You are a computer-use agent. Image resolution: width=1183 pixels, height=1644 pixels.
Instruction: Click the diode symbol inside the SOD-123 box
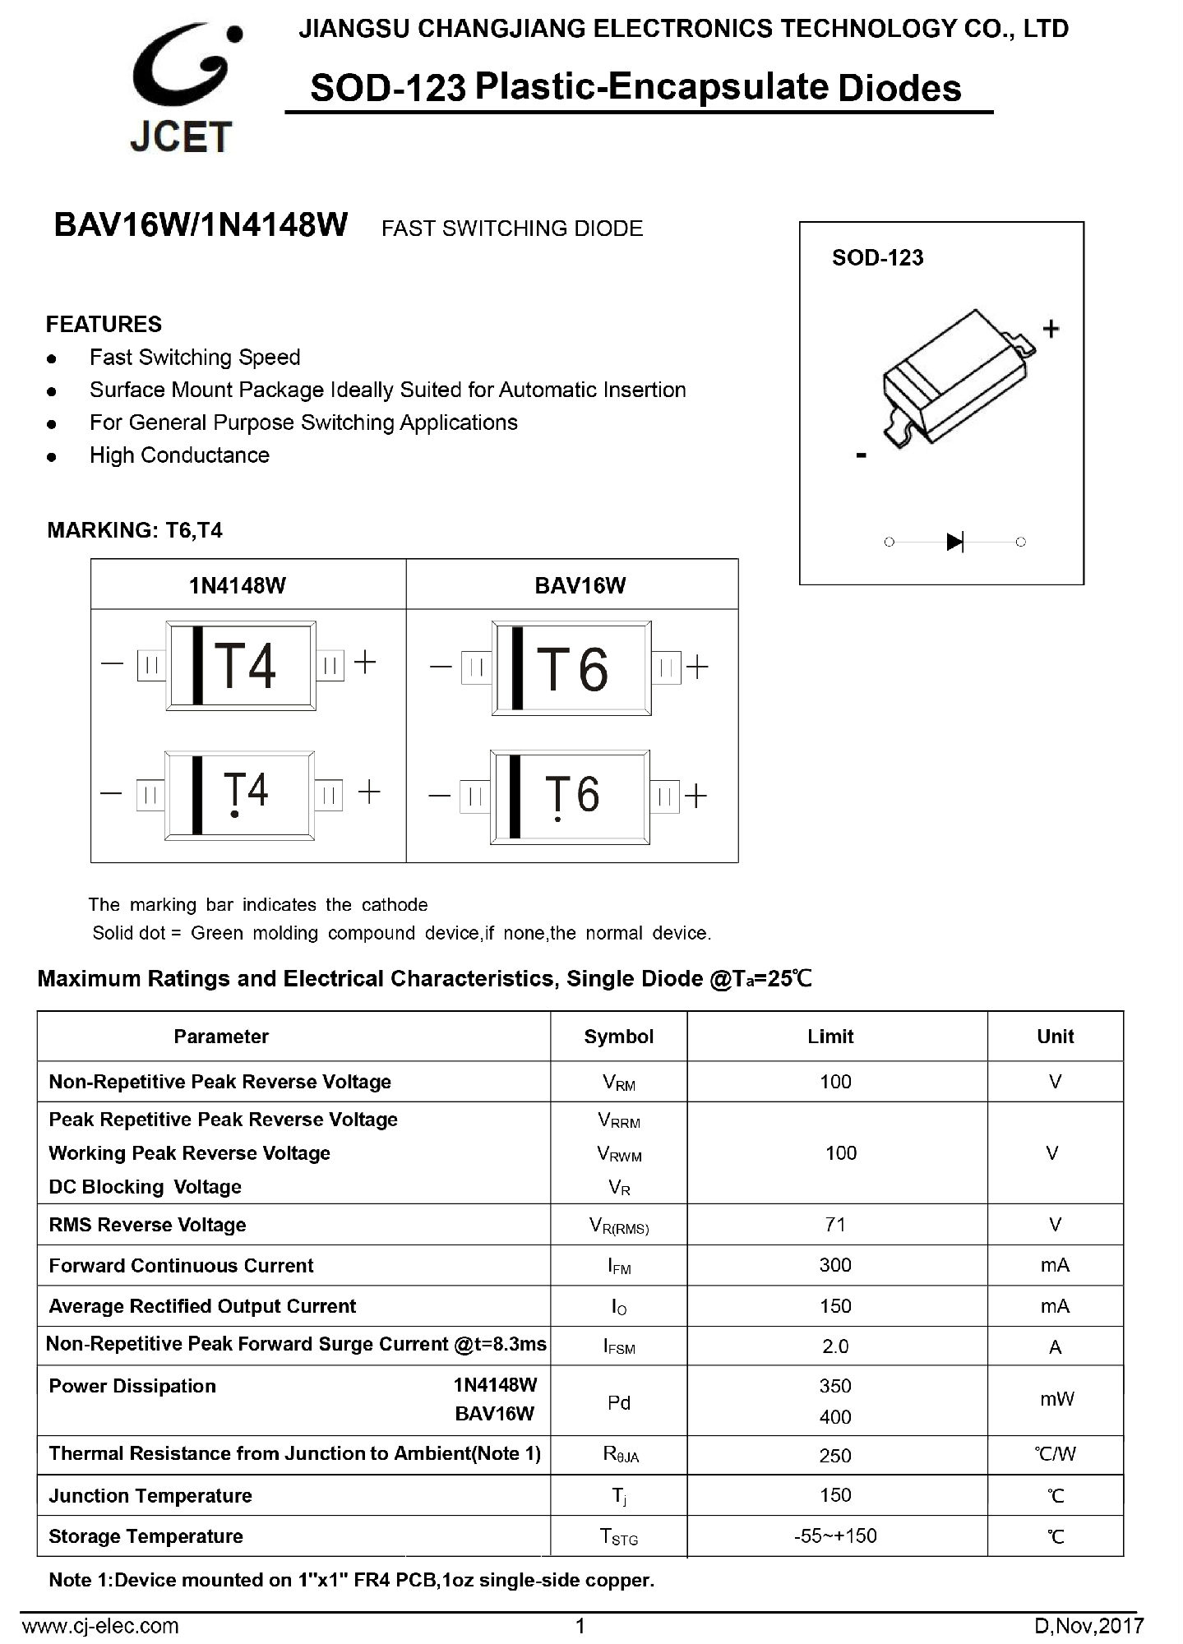click(x=954, y=542)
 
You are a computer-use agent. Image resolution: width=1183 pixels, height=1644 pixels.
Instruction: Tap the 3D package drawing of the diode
click(x=959, y=378)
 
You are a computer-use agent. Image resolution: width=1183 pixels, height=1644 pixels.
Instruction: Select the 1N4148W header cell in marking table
click(x=238, y=585)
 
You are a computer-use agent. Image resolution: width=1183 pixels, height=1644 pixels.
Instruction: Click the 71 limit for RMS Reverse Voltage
click(x=835, y=1225)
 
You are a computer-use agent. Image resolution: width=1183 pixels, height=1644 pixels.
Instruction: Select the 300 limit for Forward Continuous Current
click(x=835, y=1265)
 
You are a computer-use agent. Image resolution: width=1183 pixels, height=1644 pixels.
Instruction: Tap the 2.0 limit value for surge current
click(x=835, y=1346)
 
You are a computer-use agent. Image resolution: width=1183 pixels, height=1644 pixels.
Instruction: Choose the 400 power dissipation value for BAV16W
click(x=835, y=1416)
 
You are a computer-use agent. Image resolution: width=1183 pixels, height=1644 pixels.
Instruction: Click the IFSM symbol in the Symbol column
click(x=619, y=1347)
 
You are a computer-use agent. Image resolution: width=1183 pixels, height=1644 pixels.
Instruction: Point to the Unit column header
click(x=1055, y=1037)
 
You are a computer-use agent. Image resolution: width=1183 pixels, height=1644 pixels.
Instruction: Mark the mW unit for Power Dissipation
click(x=1056, y=1399)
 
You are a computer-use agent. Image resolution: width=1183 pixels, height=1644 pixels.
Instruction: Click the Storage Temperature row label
click(x=146, y=1536)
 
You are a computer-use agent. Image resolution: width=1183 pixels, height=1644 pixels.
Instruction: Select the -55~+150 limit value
click(x=835, y=1535)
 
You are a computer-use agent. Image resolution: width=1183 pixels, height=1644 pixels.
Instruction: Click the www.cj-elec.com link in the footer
click(x=99, y=1625)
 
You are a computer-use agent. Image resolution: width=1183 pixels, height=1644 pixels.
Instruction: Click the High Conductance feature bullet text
click(x=179, y=455)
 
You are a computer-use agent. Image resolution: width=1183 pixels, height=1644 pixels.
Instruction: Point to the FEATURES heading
click(x=104, y=324)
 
